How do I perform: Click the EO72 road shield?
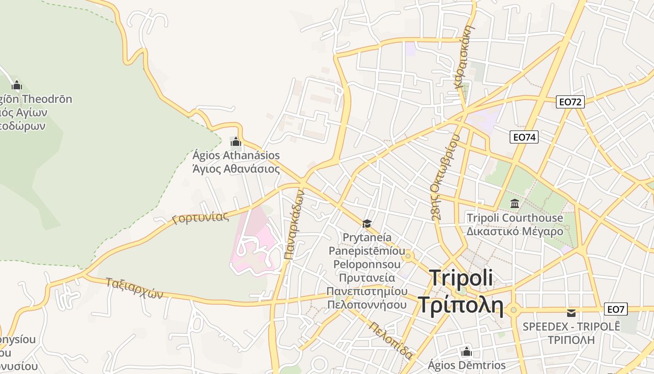pyautogui.click(x=570, y=102)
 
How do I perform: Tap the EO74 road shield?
pyautogui.click(x=524, y=137)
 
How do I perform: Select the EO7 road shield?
pyautogui.click(x=616, y=309)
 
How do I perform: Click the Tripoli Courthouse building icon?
pyautogui.click(x=515, y=203)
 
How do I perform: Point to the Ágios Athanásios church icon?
pyautogui.click(x=236, y=141)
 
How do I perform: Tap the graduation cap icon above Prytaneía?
pyautogui.click(x=367, y=223)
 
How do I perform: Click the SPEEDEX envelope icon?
pyautogui.click(x=571, y=312)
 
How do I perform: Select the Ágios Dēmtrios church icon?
pyautogui.click(x=466, y=352)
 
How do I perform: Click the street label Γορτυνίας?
pyautogui.click(x=200, y=217)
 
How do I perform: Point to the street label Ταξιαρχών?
pyautogui.click(x=134, y=288)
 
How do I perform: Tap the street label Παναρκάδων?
pyautogui.click(x=294, y=225)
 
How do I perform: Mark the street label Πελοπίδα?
pyautogui.click(x=391, y=340)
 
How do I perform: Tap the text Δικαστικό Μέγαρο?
pyautogui.click(x=515, y=231)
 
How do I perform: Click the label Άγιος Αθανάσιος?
pyautogui.click(x=236, y=169)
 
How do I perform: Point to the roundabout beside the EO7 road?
pyautogui.click(x=514, y=309)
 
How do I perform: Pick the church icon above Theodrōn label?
pyautogui.click(x=17, y=85)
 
